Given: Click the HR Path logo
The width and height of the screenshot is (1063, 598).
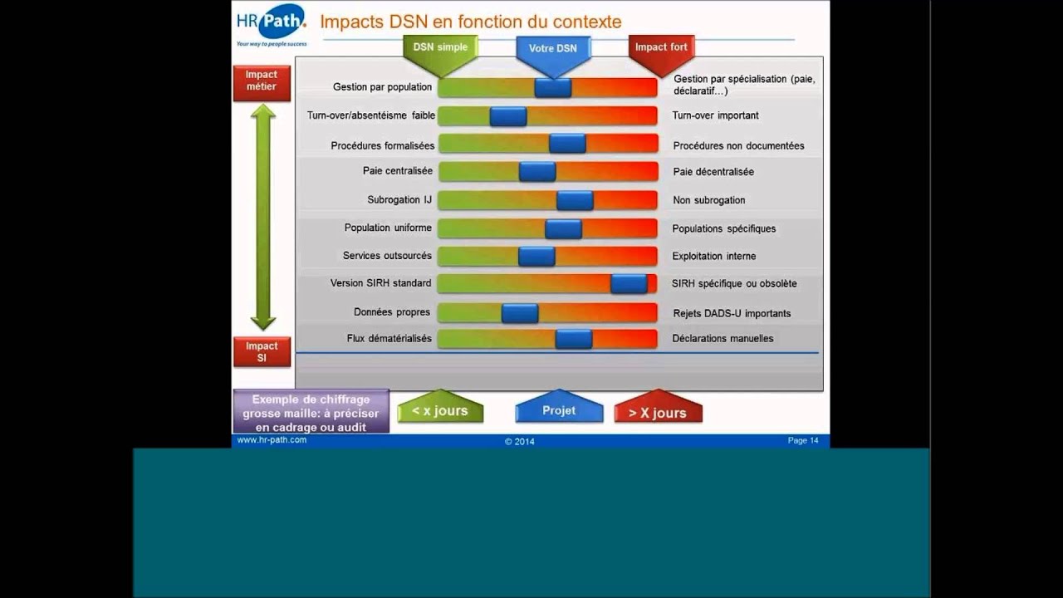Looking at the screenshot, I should [271, 25].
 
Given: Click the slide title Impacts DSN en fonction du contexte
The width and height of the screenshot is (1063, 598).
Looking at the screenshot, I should [470, 22].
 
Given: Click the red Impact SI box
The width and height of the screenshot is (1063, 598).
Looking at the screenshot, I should [262, 351].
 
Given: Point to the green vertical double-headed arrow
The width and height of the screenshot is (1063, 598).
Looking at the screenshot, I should [263, 218].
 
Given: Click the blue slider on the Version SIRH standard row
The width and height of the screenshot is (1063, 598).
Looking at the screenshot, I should [629, 284].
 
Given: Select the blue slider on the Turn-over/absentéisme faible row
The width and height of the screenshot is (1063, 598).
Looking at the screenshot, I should [508, 116].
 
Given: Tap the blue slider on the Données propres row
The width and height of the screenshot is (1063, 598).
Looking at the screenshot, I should [520, 313].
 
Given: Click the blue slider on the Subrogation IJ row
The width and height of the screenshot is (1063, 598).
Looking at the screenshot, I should [575, 200].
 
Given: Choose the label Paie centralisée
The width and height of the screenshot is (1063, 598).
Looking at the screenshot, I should [397, 171].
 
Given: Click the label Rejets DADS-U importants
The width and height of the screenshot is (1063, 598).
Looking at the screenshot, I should [731, 313].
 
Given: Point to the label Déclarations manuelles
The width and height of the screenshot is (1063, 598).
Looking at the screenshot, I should [723, 339].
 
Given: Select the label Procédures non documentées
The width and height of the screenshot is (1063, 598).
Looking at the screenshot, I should [738, 146].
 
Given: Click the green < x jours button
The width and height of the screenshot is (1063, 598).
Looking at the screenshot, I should [440, 410].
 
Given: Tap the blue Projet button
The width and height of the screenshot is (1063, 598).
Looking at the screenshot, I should [559, 410].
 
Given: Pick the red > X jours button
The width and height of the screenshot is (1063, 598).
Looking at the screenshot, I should [658, 412].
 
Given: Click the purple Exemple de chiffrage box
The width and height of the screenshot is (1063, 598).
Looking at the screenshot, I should [311, 413].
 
